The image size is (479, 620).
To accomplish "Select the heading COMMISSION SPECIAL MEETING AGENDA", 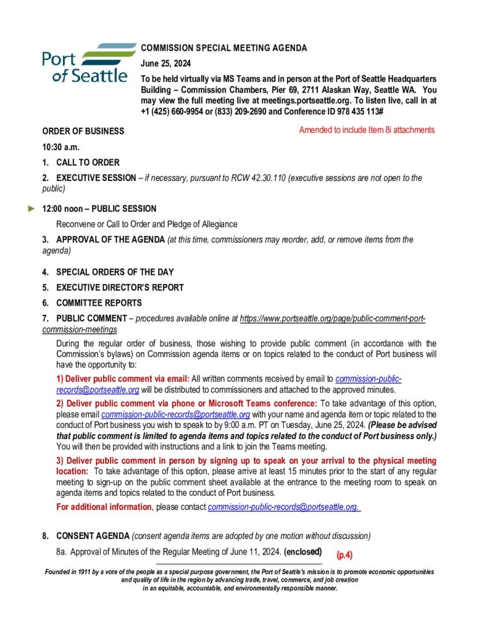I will click(x=224, y=48).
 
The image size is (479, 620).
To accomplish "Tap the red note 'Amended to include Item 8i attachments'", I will click(x=366, y=130).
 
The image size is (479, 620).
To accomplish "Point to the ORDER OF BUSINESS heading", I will click(x=83, y=131).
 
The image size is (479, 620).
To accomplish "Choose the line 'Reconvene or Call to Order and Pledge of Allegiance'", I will click(x=147, y=224).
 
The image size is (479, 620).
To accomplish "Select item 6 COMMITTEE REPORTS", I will click(x=99, y=303).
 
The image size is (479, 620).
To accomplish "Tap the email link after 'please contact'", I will click(x=285, y=507).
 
